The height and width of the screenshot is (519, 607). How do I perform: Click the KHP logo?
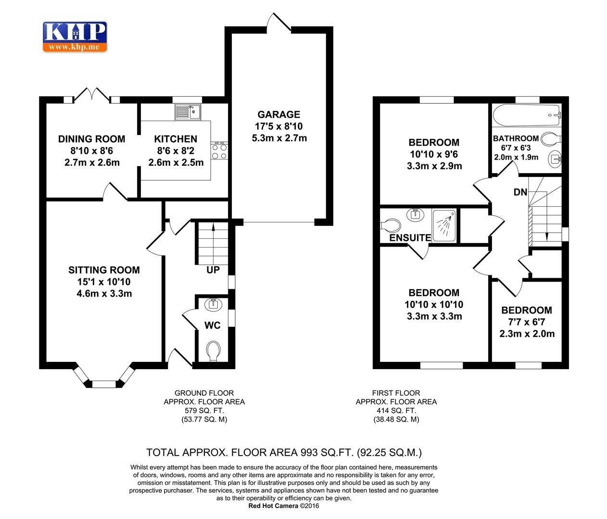(75, 37)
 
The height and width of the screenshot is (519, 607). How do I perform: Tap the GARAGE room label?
(278, 114)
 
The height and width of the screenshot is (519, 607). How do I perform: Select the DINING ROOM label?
(91, 139)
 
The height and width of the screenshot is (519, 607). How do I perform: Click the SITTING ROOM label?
(104, 270)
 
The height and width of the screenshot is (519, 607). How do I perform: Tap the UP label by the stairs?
(213, 270)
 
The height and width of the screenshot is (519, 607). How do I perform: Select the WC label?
(213, 325)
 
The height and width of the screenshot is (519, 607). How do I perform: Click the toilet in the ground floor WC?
(213, 350)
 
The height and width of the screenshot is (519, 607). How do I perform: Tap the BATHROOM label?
(516, 138)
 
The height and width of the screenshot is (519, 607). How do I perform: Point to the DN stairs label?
(520, 192)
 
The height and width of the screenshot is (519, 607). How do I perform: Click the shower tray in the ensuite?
(445, 224)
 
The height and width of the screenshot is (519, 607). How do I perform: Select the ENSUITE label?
(410, 238)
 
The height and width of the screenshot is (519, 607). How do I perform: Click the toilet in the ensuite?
(392, 225)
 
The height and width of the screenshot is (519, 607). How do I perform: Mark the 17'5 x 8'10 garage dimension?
(279, 126)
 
